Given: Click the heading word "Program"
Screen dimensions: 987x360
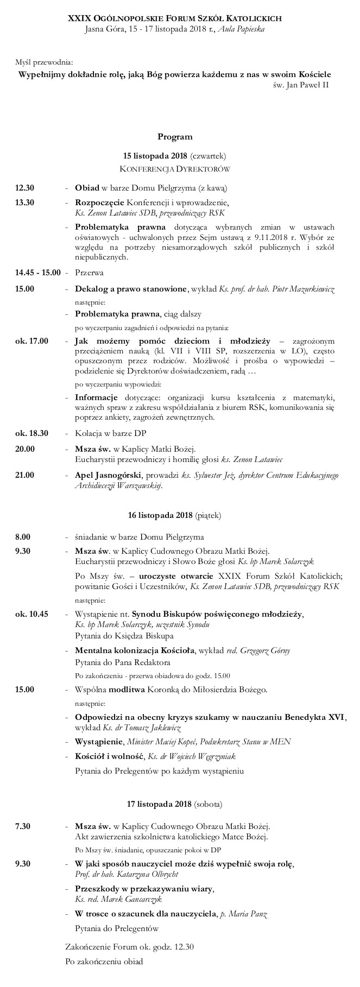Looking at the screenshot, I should [x=175, y=137].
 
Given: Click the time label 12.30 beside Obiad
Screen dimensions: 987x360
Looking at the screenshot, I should [x=25, y=188].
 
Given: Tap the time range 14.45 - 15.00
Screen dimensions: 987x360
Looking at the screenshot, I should [x=38, y=272].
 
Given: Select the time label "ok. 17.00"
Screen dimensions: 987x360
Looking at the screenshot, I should [x=31, y=341].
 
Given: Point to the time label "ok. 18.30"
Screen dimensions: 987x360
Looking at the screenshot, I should [x=31, y=433].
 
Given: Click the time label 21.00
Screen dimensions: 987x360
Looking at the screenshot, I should [x=25, y=475].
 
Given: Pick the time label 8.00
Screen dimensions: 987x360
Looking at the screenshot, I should [x=23, y=537].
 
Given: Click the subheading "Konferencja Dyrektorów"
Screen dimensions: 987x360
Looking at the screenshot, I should [x=175, y=169].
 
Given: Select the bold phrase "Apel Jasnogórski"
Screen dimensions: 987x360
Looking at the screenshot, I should [x=108, y=475].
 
